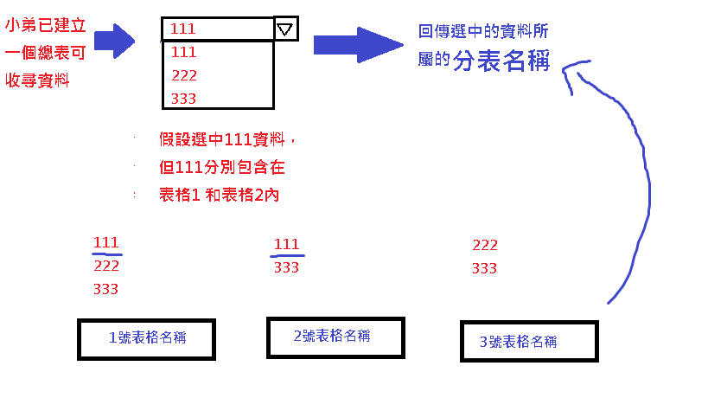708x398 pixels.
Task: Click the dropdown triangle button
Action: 286,29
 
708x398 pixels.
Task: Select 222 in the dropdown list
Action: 184,75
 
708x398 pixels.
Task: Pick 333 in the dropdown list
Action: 184,99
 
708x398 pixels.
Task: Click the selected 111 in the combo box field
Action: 183,29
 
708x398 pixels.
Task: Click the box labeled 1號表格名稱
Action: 146,339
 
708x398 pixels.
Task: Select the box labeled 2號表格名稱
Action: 335,337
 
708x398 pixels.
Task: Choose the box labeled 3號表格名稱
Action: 528,342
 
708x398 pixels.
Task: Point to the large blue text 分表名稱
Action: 501,62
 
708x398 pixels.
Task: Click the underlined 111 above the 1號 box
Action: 105,243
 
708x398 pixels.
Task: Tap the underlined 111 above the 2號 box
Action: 286,245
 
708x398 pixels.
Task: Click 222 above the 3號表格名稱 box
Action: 485,245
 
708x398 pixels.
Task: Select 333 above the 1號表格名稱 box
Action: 105,289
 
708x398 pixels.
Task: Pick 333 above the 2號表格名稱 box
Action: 286,268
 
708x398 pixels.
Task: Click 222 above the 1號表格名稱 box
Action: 106,266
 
